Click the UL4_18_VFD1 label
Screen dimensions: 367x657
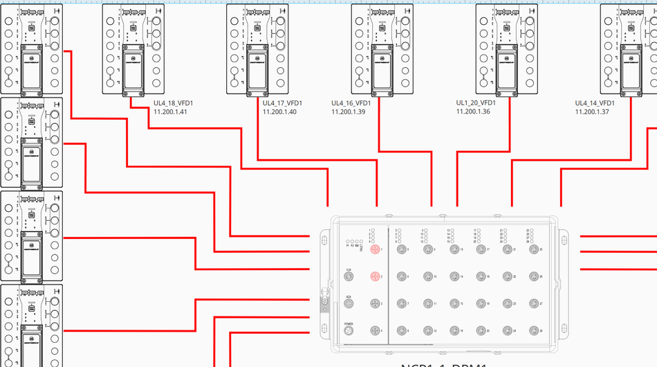173,103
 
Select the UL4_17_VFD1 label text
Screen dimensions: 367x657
281,103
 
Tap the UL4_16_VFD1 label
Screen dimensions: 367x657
351,103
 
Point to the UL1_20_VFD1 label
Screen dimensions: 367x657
475,102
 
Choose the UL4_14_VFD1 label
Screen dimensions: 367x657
594,103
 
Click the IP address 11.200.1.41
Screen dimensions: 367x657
170,111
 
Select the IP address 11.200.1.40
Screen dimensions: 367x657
279,111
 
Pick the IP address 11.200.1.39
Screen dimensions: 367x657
349,111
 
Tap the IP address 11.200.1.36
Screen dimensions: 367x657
473,111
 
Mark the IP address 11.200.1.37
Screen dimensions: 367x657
592,111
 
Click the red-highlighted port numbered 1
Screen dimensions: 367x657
376,249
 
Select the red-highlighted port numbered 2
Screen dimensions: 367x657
376,276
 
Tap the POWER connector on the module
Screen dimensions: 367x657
349,331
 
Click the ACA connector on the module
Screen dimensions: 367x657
349,303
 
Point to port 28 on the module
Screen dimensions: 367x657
533,331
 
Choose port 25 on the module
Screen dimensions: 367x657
533,249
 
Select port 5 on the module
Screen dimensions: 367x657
402,249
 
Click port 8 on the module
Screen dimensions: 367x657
402,331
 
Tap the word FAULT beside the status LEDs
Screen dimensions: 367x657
362,246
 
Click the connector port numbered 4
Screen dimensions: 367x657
376,331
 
